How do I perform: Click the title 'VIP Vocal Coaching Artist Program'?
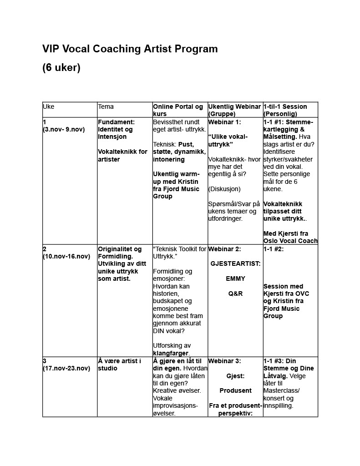tap(130, 49)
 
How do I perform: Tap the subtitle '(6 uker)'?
tap(61, 68)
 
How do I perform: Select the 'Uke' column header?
tap(48, 106)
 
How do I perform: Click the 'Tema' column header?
tap(106, 106)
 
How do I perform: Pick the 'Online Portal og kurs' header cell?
tap(178, 110)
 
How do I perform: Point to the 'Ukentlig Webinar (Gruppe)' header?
tap(234, 110)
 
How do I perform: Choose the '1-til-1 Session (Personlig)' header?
tap(285, 110)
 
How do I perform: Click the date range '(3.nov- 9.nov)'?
tap(64, 130)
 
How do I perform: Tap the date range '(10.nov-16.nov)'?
tap(66, 257)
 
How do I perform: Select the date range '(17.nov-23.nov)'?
tap(66, 369)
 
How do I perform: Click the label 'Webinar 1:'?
tap(224, 122)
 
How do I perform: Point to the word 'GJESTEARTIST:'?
tap(235, 264)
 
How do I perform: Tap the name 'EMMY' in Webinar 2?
tap(235, 279)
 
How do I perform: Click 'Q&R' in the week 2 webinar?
tap(235, 294)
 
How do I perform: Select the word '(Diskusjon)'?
tap(224, 189)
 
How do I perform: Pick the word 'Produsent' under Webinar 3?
tap(235, 390)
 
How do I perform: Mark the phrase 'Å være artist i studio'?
tap(119, 365)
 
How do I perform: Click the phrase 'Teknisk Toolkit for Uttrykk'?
tap(180, 253)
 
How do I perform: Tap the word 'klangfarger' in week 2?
tap(171, 353)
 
